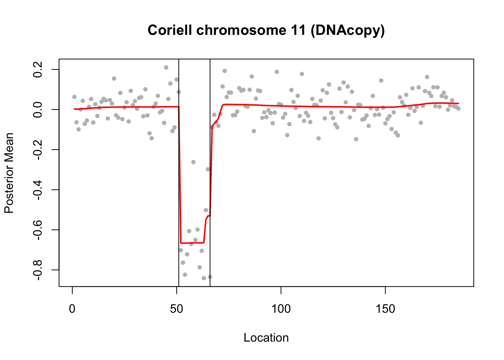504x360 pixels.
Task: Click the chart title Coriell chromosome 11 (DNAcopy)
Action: (x=266, y=30)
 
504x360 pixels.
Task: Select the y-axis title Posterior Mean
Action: (x=9, y=173)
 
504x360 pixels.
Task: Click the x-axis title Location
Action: (x=266, y=337)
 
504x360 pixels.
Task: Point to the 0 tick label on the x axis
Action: (x=72, y=309)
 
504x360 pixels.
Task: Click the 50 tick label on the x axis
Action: (x=177, y=309)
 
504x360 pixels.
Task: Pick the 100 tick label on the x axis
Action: (x=281, y=309)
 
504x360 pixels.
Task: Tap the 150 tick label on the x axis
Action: (x=385, y=309)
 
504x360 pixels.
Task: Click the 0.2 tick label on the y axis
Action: (x=38, y=69)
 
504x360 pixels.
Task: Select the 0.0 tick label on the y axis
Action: (x=38, y=109)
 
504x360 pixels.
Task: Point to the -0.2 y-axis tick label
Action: (x=38, y=150)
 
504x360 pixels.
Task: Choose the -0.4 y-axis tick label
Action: (x=38, y=190)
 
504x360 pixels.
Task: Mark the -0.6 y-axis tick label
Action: (x=38, y=230)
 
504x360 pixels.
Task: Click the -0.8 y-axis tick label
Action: (x=38, y=270)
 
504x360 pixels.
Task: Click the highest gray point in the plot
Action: (x=166, y=67)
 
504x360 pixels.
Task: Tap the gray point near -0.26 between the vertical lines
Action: (x=193, y=162)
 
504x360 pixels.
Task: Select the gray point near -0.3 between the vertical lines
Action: (x=208, y=169)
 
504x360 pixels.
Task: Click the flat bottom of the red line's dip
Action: (x=192, y=243)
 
